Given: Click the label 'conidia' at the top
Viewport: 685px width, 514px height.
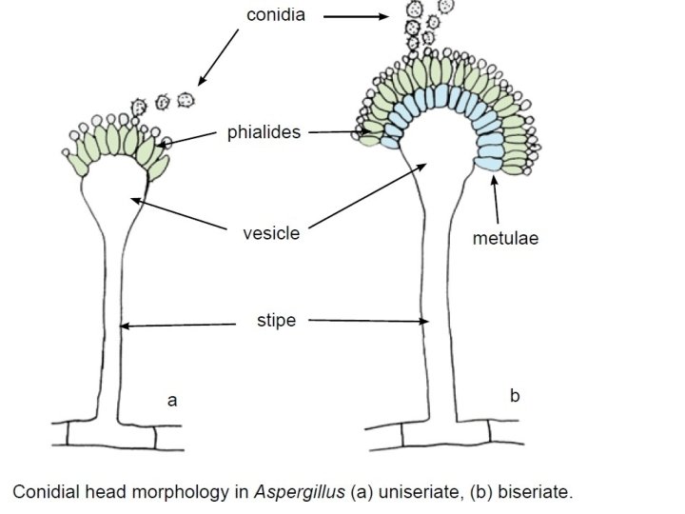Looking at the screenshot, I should pos(275,16).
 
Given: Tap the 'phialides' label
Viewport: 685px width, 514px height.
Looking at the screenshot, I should pos(264,132).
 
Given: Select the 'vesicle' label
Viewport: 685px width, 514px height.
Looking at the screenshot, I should pos(271,233).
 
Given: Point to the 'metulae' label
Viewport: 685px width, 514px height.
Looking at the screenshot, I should pos(505,238).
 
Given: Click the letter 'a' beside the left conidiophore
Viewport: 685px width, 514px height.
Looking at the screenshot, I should pos(172,401).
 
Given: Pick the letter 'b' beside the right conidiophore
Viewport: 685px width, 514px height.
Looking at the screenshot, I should pos(515,395).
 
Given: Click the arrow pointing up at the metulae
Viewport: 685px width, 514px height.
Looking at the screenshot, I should pos(495,198).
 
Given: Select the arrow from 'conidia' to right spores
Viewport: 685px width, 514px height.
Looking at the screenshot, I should pos(356,16).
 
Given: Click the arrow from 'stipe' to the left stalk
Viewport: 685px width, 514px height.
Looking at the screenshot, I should pos(178,326).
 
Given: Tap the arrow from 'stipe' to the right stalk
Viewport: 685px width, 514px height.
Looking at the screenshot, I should pos(369,322).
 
